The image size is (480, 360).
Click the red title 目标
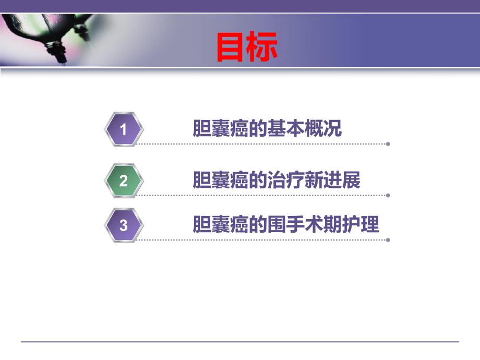[247, 47]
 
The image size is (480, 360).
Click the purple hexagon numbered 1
[124, 129]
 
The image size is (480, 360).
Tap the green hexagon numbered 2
[124, 181]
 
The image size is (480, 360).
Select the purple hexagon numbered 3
[124, 225]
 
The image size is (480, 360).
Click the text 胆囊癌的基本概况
[268, 128]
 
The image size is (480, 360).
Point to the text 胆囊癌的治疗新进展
[277, 181]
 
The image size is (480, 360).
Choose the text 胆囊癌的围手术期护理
[286, 225]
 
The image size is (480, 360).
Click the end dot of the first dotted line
[388, 144]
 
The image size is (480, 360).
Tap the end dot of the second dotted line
[388, 195]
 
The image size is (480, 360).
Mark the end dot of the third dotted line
[388, 240]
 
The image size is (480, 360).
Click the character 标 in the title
[262, 47]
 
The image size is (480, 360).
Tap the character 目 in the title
[231, 47]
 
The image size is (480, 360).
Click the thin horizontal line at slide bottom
[240, 342]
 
